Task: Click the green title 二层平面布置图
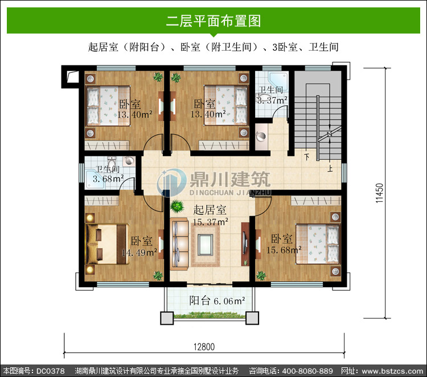coord(213,21)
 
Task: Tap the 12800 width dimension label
coord(204,347)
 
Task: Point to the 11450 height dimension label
coord(379,193)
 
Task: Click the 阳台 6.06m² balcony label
coord(217,301)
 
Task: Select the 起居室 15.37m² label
coord(210,216)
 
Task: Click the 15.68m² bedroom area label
coord(284,250)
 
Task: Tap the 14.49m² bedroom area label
coord(139,252)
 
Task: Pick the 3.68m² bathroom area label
coord(108,179)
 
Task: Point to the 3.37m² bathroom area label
coord(272,100)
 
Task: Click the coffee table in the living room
coord(205,245)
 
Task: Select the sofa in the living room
coord(179,245)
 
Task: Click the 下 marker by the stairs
coord(307,157)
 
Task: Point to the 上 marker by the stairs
coord(330,169)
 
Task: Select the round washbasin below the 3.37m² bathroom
coord(261,136)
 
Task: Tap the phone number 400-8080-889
coord(307,371)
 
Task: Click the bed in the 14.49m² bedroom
coord(107,244)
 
